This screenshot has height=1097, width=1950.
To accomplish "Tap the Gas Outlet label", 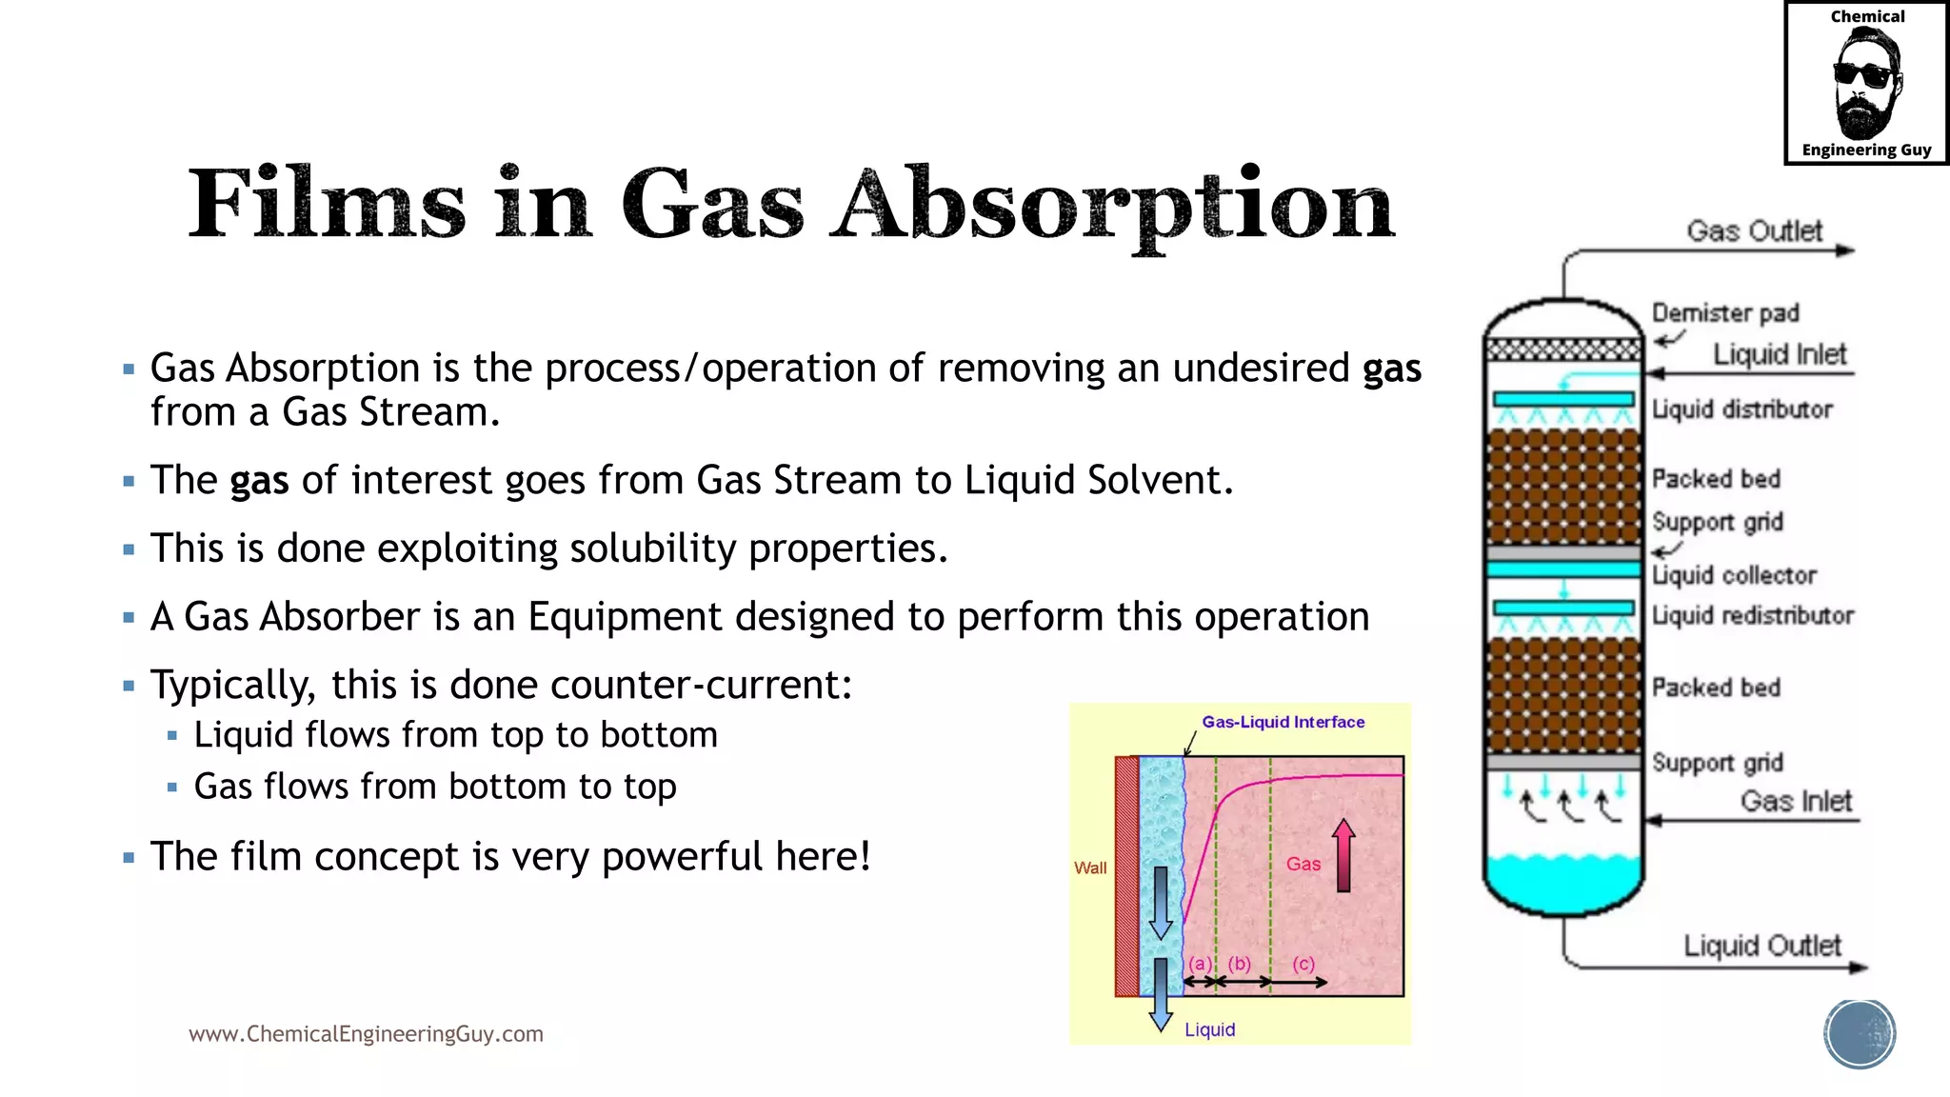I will click(x=1754, y=231).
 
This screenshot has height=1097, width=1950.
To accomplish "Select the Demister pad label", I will click(x=1724, y=313).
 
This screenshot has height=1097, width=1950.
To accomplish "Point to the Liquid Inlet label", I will click(x=1779, y=354).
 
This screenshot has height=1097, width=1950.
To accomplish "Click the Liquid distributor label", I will click(x=1741, y=409).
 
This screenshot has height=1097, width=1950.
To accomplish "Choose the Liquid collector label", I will click(x=1734, y=575).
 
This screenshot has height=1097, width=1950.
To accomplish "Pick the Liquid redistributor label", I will click(x=1752, y=615).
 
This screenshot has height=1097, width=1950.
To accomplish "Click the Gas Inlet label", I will click(x=1796, y=801).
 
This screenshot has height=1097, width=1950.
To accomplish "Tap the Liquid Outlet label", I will click(x=1761, y=946).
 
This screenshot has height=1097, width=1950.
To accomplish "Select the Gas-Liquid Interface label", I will click(x=1283, y=722).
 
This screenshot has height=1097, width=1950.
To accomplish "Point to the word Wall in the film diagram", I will click(x=1090, y=868).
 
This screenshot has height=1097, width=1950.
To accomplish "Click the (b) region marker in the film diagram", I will click(x=1239, y=963).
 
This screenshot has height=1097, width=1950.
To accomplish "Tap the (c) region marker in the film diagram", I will click(x=1303, y=963).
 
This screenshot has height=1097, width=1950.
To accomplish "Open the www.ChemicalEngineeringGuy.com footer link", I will click(x=366, y=1034).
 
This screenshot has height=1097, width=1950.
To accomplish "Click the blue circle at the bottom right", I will click(x=1860, y=1034).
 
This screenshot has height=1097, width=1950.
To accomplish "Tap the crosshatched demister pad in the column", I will click(x=1563, y=349).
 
